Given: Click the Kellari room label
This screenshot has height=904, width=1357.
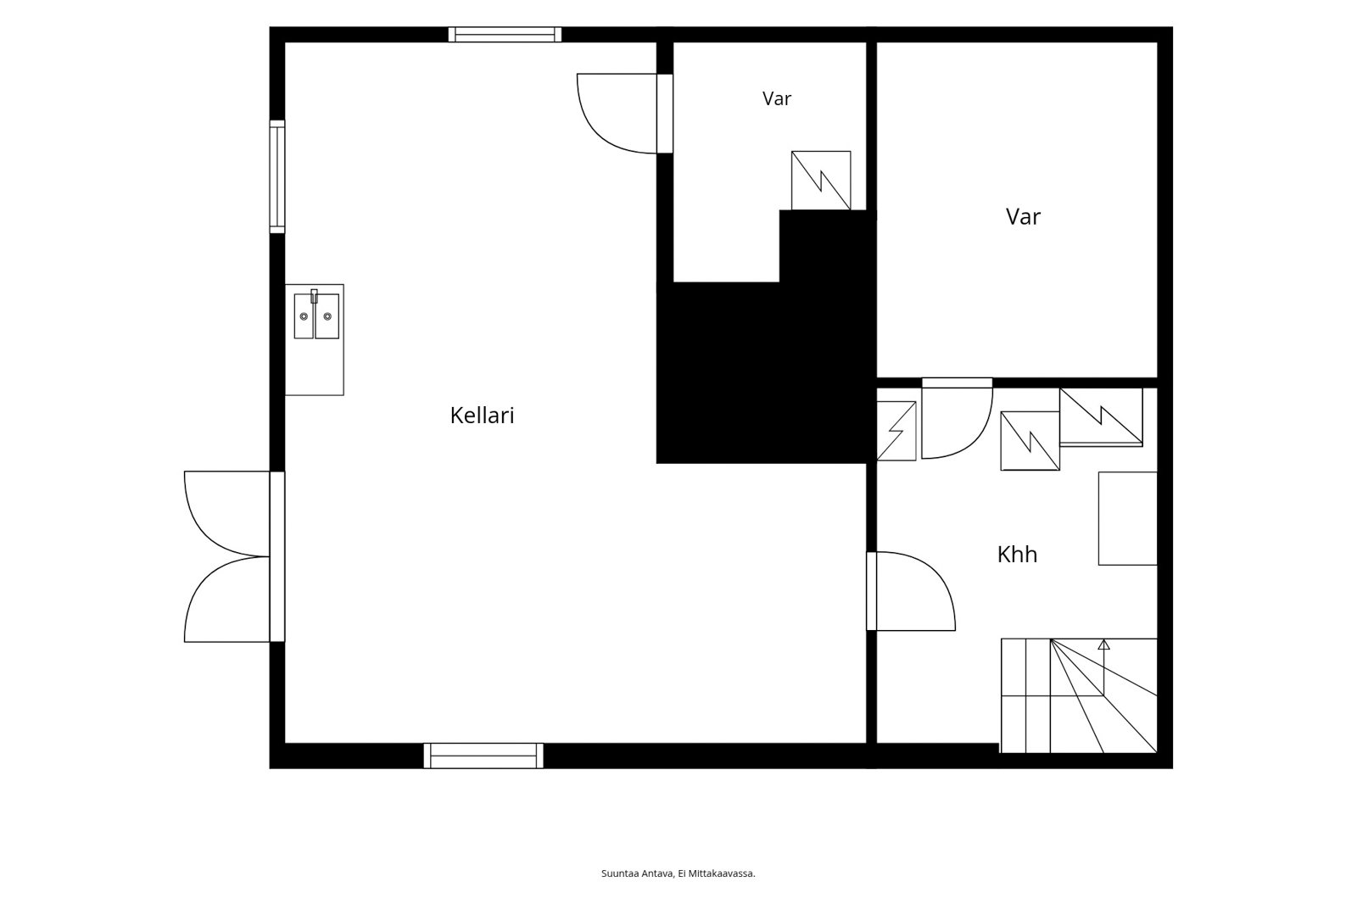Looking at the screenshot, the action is (x=483, y=416).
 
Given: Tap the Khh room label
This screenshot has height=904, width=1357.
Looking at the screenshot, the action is (x=1017, y=555).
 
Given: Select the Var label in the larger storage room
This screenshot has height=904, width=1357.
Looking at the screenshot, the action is (x=1023, y=216).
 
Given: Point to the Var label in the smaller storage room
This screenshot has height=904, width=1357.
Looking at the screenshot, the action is (x=777, y=98).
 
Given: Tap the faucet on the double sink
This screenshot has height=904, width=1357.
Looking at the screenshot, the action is (x=315, y=296).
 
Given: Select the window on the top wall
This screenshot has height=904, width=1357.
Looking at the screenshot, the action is (x=505, y=35).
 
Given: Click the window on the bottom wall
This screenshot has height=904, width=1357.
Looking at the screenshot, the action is (x=483, y=756).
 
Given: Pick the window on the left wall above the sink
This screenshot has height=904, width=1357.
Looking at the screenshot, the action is (x=276, y=177).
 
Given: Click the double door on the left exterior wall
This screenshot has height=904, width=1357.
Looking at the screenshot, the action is (x=235, y=556).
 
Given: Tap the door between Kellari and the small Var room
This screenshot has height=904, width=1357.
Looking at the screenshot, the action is (x=625, y=114).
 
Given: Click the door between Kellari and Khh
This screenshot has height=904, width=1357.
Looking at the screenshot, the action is (x=911, y=591).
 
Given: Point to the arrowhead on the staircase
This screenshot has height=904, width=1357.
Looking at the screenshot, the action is (x=1103, y=645).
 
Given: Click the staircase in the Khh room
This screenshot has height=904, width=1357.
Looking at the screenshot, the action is (x=1079, y=695).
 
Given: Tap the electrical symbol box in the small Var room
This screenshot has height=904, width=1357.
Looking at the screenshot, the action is (x=821, y=181).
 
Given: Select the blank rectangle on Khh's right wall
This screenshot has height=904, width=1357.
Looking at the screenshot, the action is (x=1128, y=519).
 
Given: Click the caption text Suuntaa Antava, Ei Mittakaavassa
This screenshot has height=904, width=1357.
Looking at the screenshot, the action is (x=678, y=873).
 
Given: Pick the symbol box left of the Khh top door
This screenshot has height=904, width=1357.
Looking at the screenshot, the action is (x=896, y=431).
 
